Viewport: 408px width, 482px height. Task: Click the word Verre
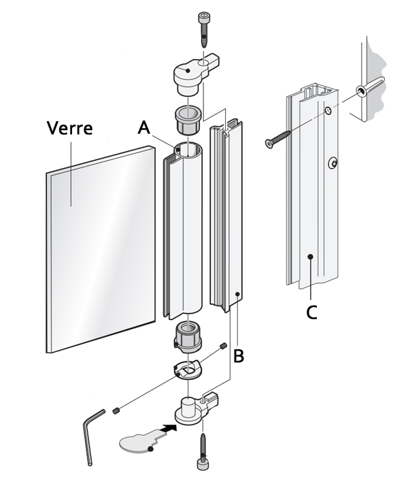coord(69,128)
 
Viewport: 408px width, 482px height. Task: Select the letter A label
coord(143,127)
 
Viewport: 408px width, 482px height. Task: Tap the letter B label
coord(238,355)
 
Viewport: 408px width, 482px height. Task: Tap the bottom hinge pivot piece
coord(194,408)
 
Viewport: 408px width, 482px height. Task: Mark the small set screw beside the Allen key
coord(116,411)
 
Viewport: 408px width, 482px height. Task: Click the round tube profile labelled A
coord(182,231)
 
